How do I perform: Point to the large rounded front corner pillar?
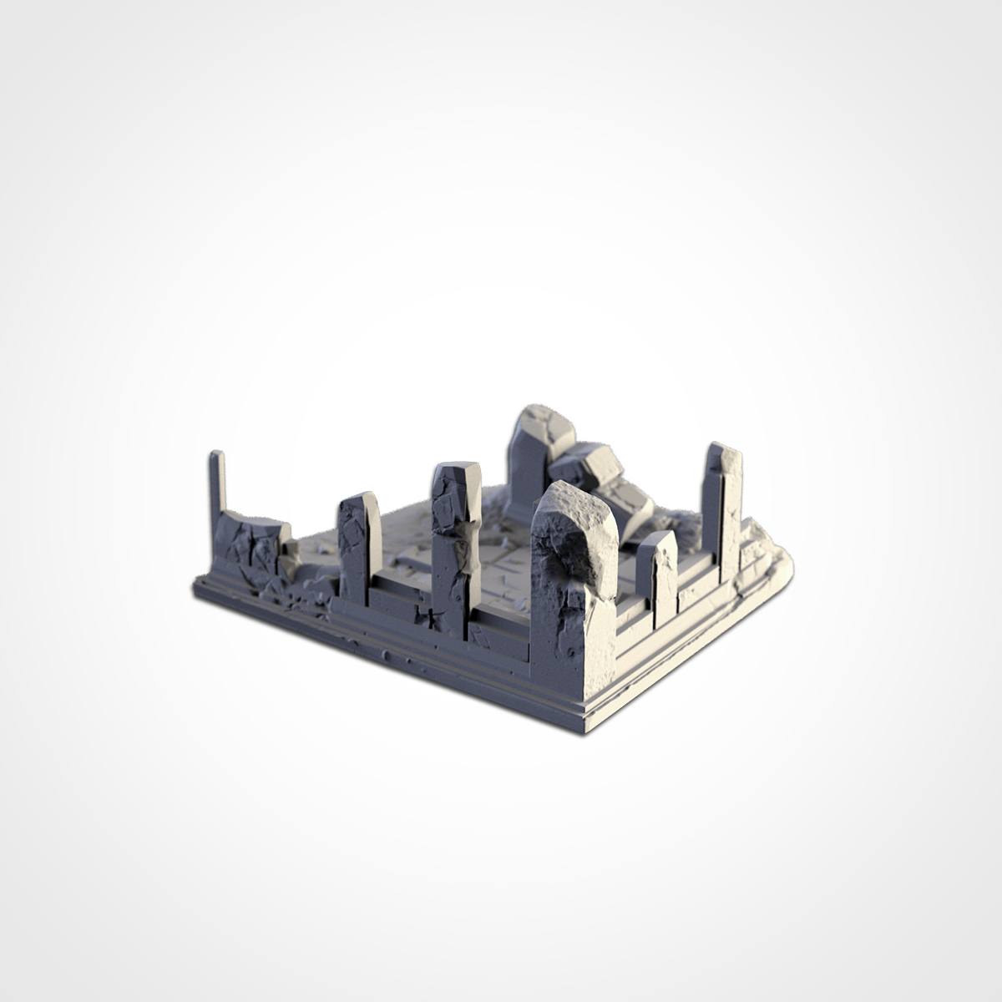tap(574, 576)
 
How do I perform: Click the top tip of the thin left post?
tap(216, 454)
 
